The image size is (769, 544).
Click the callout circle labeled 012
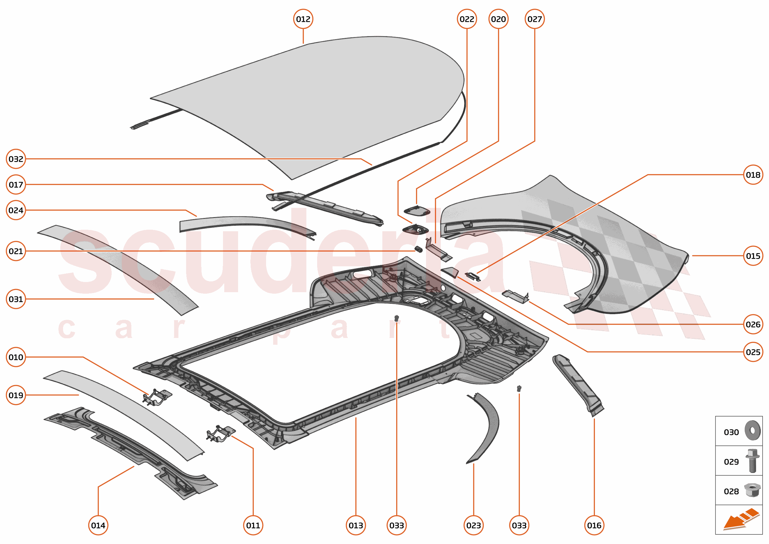click(x=303, y=19)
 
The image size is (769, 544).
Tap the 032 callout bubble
click(x=16, y=159)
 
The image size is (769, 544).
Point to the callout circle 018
click(x=753, y=175)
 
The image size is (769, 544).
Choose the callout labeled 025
click(x=753, y=352)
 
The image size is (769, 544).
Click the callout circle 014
click(x=98, y=525)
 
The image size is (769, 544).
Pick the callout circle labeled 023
click(x=473, y=525)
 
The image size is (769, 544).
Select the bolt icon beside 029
click(x=752, y=461)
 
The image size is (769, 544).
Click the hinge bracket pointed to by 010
click(x=157, y=397)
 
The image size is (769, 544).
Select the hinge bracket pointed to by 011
click(x=221, y=434)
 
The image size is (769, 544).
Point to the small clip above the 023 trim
click(x=519, y=389)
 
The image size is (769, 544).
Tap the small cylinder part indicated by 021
click(x=419, y=249)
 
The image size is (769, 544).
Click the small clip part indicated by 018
click(x=473, y=277)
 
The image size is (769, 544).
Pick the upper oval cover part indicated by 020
click(x=416, y=211)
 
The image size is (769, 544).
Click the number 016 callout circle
click(x=594, y=525)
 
